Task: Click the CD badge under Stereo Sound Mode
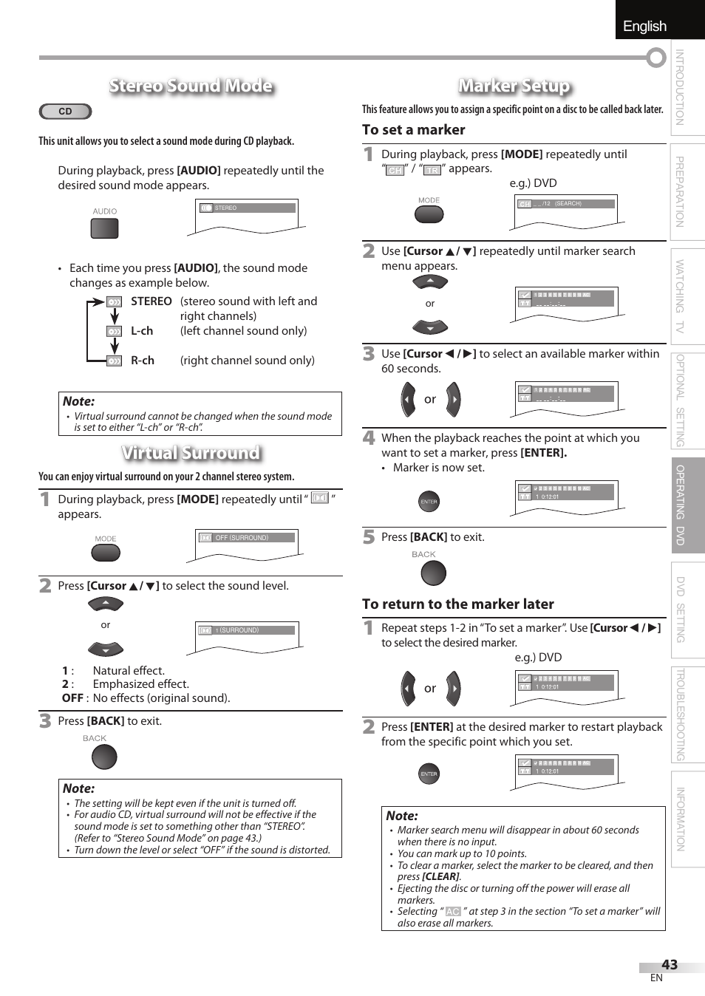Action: pos(65,112)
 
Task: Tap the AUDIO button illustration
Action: pos(104,228)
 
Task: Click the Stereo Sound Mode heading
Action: pos(191,86)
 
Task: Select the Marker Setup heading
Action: pos(514,86)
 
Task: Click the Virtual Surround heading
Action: pos(191,452)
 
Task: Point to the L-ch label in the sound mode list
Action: pos(142,331)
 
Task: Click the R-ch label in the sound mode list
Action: pos(142,361)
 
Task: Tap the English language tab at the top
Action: pos(644,26)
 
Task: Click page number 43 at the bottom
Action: pos(669,964)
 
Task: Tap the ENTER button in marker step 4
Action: pos(429,502)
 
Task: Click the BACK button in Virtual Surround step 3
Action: pos(104,757)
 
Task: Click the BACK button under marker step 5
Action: pos(433,573)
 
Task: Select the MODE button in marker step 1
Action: pos(429,214)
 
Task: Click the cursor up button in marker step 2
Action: pos(430,282)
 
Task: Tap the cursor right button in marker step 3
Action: pos(453,400)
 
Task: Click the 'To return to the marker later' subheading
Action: pos(457,604)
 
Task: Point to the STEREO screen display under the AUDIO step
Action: pos(247,208)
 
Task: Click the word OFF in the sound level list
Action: pos(72,697)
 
